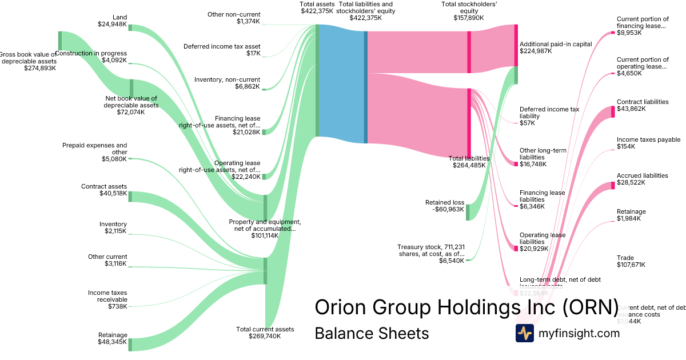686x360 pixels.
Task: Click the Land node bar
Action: point(130,27)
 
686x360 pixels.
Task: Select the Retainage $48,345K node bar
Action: point(130,345)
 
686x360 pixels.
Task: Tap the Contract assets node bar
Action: point(130,197)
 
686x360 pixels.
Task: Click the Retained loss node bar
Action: point(467,212)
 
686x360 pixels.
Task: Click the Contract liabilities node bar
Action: point(613,111)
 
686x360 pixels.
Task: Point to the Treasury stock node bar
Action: point(467,260)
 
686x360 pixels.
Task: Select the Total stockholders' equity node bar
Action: point(469,52)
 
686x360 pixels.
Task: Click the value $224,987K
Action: point(536,51)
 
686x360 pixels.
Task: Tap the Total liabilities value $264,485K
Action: point(469,166)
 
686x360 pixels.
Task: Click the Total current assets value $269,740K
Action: point(265,337)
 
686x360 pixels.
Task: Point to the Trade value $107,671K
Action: point(631,265)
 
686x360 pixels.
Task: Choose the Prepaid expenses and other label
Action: point(95,149)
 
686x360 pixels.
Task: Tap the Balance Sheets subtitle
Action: point(372,333)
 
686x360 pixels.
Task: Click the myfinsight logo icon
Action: point(524,333)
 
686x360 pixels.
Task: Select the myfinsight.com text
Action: point(579,333)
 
